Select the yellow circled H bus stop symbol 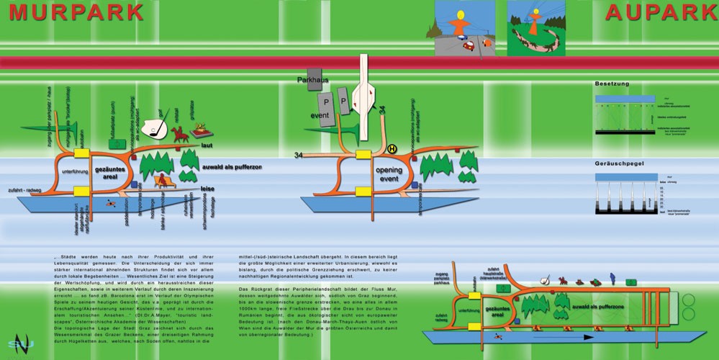tap(392, 149)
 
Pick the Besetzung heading tap(612, 84)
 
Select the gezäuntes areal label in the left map tap(111, 172)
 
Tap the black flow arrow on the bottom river tap(568, 336)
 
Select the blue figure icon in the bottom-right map tap(612, 277)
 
